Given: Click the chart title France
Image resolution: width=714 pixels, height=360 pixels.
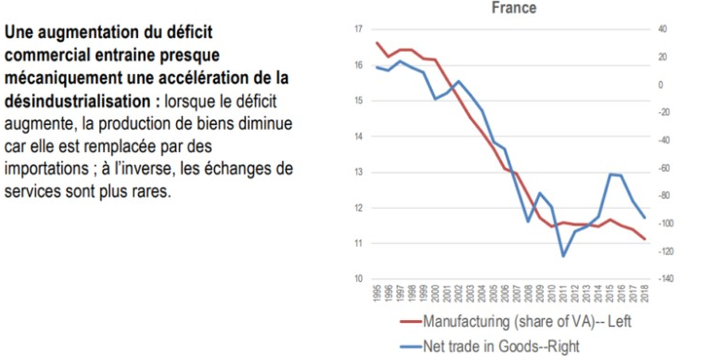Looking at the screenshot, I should point(514,8).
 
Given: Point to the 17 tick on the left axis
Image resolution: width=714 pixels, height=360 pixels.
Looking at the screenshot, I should point(358,29).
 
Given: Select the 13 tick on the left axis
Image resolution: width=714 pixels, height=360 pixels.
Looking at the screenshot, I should point(358,172).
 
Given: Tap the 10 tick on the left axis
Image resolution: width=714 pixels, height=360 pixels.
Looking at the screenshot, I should point(358,280).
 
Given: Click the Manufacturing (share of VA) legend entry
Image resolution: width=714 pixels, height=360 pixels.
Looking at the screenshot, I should point(526,321).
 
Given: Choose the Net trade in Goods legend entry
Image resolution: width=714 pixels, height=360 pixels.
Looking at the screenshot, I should point(500,346).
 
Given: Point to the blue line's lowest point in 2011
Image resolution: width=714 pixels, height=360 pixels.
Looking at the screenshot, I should point(563,256).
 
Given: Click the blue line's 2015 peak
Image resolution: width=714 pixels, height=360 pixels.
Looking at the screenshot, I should point(610,174).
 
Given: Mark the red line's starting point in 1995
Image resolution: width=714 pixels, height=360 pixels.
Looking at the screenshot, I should point(377,42).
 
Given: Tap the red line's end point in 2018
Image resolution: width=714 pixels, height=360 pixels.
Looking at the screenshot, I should point(645,239).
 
